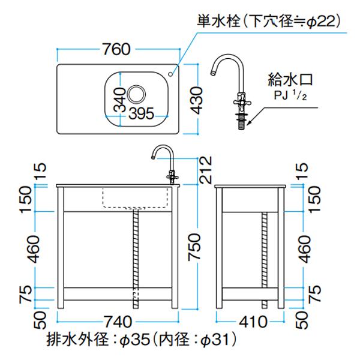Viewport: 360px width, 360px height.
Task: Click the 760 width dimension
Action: pyautogui.click(x=116, y=49)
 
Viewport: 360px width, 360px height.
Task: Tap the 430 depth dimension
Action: pyautogui.click(x=197, y=100)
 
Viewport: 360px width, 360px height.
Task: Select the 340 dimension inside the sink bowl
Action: pyautogui.click(x=120, y=100)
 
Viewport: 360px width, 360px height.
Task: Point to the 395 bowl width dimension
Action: pyautogui.click(x=141, y=113)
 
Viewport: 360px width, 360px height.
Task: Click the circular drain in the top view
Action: pyautogui.click(x=136, y=94)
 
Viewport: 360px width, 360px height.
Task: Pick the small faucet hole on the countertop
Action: pyautogui.click(x=170, y=74)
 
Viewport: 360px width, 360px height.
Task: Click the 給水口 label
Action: pyautogui.click(x=290, y=79)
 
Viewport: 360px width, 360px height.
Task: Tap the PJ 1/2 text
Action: pyautogui.click(x=290, y=95)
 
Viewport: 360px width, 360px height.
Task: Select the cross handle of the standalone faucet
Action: pyautogui.click(x=242, y=103)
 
